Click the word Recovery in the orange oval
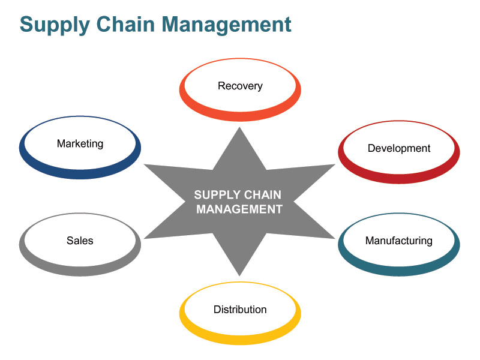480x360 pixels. click(x=240, y=86)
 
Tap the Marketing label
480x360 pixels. click(x=80, y=143)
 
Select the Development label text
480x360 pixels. click(x=399, y=148)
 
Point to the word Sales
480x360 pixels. click(x=80, y=241)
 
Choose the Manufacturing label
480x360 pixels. click(x=399, y=241)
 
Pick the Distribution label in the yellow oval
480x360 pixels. click(x=240, y=310)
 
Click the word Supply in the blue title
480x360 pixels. click(x=55, y=25)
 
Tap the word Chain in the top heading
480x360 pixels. click(x=125, y=24)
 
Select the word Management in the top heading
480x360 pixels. click(x=226, y=25)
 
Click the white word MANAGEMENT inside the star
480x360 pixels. click(x=239, y=209)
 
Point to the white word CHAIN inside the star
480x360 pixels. click(x=262, y=194)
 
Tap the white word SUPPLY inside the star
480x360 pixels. click(x=217, y=194)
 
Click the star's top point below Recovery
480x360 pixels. click(x=239, y=128)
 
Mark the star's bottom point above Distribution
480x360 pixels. click(x=239, y=275)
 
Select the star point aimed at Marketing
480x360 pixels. click(x=145, y=165)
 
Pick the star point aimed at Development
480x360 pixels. click(x=334, y=165)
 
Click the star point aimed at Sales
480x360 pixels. click(x=145, y=238)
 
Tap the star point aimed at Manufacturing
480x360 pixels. click(x=334, y=238)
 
